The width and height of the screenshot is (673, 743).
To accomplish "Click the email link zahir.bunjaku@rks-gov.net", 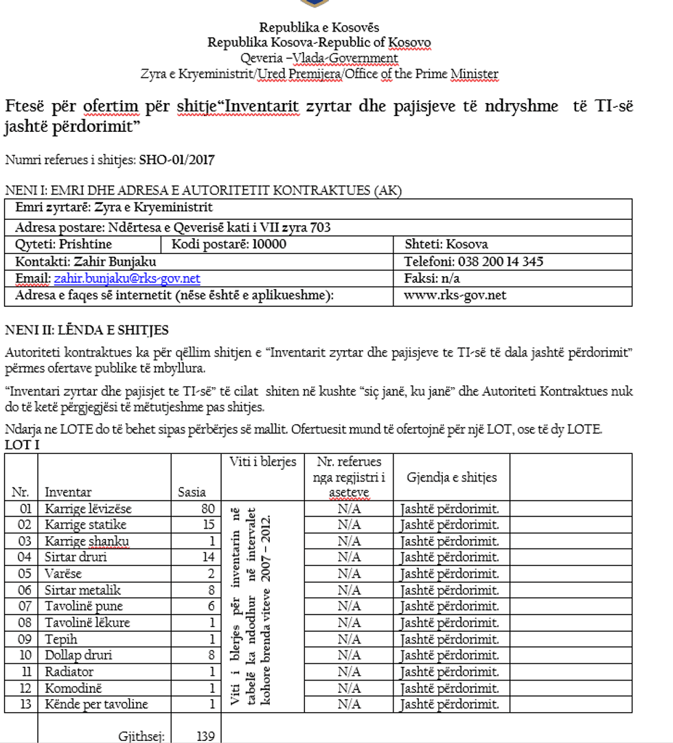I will click(x=127, y=278).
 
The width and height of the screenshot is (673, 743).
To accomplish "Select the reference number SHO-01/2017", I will click(x=176, y=160).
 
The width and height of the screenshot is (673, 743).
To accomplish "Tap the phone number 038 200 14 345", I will click(x=499, y=262).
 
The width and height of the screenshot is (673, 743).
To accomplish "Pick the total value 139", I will click(x=205, y=736).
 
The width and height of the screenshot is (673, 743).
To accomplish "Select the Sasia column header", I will click(x=192, y=492).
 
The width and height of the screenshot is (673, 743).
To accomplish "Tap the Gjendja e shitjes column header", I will click(x=451, y=477).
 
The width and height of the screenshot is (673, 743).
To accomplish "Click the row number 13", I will click(x=25, y=704).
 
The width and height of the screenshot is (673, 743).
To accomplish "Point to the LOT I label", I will click(x=22, y=446).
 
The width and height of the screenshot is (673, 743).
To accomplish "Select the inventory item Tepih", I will click(x=60, y=639).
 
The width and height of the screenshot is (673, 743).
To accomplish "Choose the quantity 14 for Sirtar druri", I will click(x=209, y=557).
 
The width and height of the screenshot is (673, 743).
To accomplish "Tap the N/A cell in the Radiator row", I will click(x=349, y=672).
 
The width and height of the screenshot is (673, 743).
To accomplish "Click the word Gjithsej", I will click(x=142, y=736).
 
